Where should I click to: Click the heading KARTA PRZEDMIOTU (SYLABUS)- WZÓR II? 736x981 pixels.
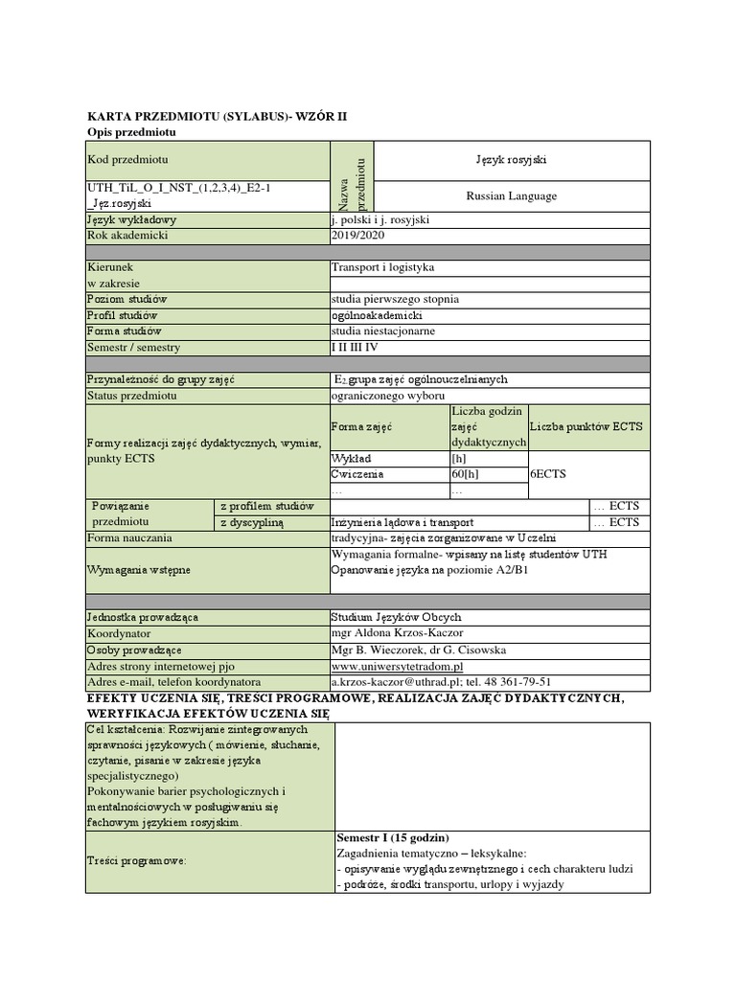(x=196, y=115)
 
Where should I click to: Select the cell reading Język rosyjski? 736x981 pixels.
(x=511, y=160)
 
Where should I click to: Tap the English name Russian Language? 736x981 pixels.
(x=511, y=196)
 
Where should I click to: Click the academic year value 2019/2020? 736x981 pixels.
(x=355, y=236)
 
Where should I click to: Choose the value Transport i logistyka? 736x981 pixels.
(x=382, y=268)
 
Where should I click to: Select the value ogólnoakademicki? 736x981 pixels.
(x=376, y=315)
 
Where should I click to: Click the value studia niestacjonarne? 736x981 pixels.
(x=382, y=331)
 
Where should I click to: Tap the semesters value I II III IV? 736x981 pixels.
(x=356, y=348)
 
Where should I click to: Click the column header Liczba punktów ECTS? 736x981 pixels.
(x=586, y=426)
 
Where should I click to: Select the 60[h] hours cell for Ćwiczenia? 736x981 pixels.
(x=465, y=474)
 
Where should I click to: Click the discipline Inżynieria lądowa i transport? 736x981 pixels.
(x=402, y=522)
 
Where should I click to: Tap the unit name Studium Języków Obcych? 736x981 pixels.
(x=396, y=617)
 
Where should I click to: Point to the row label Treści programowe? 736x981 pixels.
(x=137, y=860)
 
